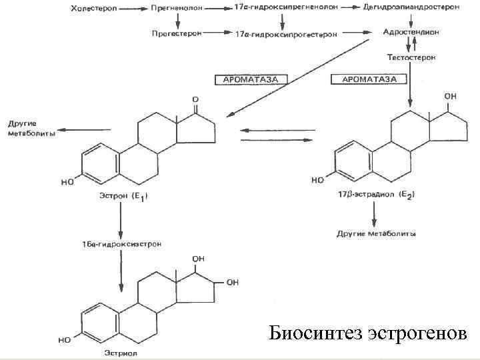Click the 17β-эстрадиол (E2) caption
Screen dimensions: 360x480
pos(377,194)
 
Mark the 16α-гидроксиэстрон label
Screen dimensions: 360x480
pos(121,245)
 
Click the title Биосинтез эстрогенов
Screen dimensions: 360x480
pos(368,332)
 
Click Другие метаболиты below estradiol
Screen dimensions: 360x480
pos(377,234)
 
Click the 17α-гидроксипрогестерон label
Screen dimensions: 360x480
pos(286,33)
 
